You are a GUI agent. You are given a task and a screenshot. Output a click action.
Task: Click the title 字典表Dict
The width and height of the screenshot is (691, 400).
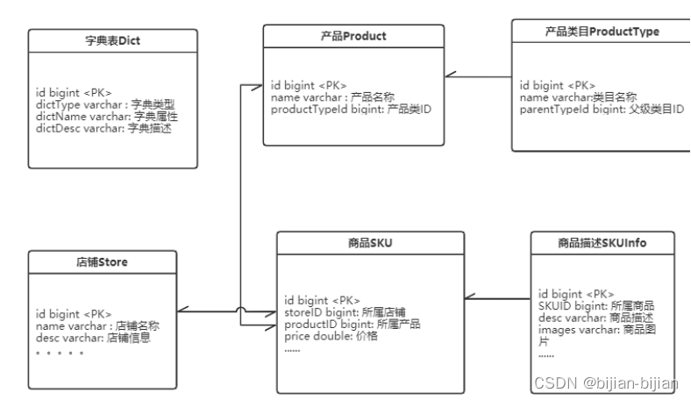[x=111, y=41]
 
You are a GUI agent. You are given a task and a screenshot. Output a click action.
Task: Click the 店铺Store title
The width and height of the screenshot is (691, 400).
[x=103, y=261]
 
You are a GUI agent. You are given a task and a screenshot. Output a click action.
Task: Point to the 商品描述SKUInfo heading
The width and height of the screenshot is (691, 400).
[x=602, y=242]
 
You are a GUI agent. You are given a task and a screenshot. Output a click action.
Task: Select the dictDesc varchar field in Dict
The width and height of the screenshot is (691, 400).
[x=103, y=128]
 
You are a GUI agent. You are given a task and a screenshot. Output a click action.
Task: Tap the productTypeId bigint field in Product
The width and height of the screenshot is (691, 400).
[x=351, y=110]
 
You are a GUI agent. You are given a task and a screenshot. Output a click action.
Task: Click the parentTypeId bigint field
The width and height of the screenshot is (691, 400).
[x=601, y=110]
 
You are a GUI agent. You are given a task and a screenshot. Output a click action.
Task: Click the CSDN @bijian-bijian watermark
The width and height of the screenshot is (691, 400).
[x=604, y=383]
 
